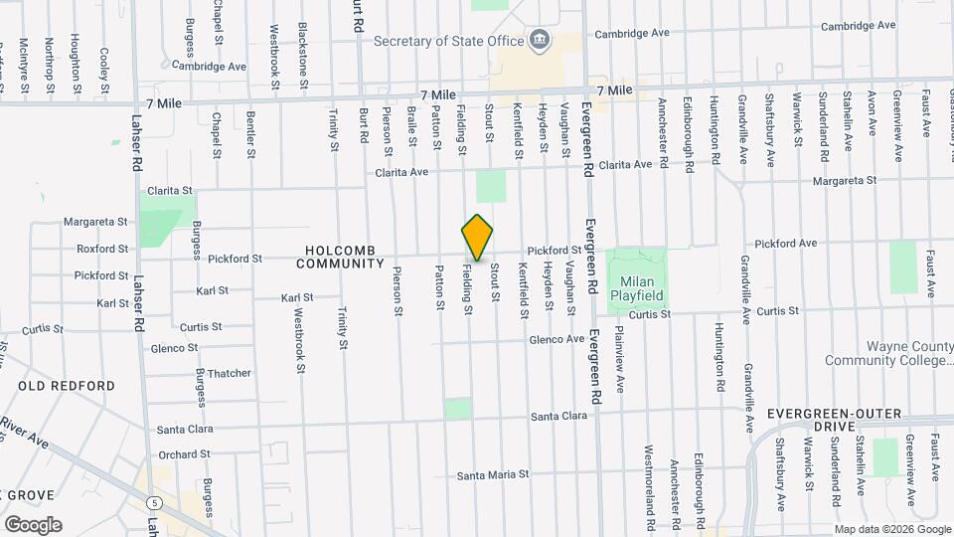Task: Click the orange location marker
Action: pyautogui.click(x=478, y=238)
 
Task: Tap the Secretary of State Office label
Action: pyautogui.click(x=448, y=41)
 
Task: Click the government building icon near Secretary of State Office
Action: pyautogui.click(x=540, y=40)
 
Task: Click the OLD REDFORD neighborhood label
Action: pyautogui.click(x=67, y=386)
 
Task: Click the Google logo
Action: pyautogui.click(x=33, y=524)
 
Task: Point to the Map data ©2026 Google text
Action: pyautogui.click(x=891, y=528)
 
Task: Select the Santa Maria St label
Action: pyautogui.click(x=493, y=475)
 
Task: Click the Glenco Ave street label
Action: pyautogui.click(x=556, y=339)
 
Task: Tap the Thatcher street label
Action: pyautogui.click(x=230, y=374)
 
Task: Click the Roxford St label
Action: pyautogui.click(x=102, y=249)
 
